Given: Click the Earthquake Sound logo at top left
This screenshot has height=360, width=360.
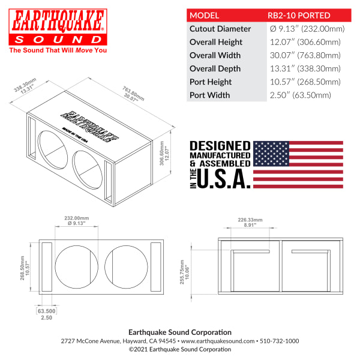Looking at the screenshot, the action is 58,27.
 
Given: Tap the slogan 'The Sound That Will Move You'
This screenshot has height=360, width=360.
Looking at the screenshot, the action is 58,50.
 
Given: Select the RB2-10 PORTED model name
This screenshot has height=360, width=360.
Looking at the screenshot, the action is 299,16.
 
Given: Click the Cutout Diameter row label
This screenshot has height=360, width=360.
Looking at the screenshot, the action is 220,29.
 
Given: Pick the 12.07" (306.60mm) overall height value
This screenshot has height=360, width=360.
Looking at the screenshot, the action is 305,42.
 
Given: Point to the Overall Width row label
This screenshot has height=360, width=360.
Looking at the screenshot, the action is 215,55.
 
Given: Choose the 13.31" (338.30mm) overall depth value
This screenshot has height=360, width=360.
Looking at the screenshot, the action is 305,68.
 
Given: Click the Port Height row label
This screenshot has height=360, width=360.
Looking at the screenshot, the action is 211,82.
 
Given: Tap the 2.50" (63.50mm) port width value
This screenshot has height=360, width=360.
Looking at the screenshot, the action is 301,95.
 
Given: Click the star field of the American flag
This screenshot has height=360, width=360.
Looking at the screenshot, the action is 271,154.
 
